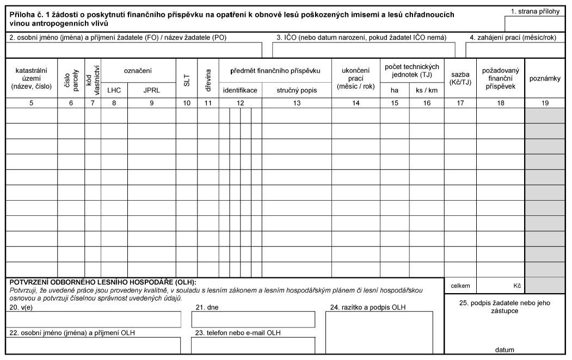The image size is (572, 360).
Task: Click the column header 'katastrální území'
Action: pos(31,78)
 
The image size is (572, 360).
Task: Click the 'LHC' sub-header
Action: pos(114,91)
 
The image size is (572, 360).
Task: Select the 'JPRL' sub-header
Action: pos(151,91)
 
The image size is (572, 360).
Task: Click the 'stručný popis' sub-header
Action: pos(297,91)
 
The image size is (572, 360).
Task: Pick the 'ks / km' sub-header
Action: pos(427,91)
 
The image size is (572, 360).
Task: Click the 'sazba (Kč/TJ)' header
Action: pos(460,78)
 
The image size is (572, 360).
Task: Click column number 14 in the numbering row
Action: pos(355,103)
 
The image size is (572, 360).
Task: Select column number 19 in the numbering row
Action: pos(545,103)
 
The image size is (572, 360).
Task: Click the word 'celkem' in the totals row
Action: pos(460,285)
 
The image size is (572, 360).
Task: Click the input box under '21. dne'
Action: pos(253,320)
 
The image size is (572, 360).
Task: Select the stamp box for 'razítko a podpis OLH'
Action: pos(379,332)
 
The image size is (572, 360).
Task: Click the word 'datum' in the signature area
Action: pos(505,350)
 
